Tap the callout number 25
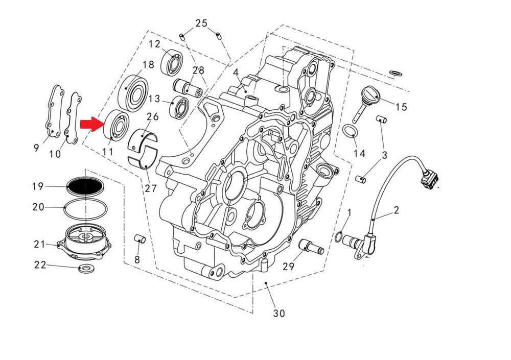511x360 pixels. pyautogui.click(x=201, y=23)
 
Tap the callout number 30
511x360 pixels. pyautogui.click(x=278, y=313)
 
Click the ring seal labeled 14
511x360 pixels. pyautogui.click(x=350, y=132)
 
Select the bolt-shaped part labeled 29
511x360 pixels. pyautogui.click(x=311, y=246)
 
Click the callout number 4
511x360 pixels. pyautogui.click(x=236, y=73)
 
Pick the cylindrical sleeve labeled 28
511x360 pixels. pyautogui.click(x=188, y=87)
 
